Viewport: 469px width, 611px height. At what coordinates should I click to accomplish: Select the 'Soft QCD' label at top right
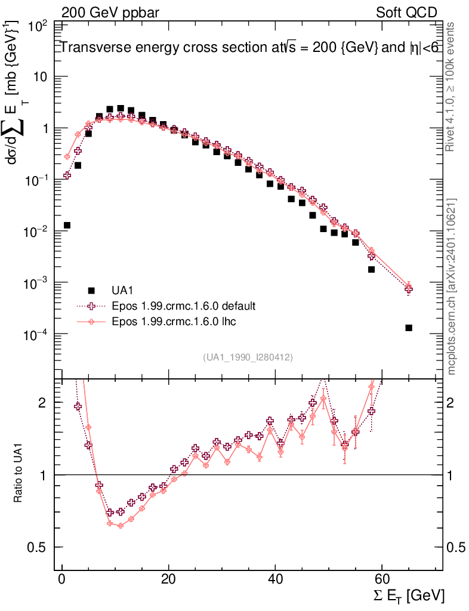click(406, 13)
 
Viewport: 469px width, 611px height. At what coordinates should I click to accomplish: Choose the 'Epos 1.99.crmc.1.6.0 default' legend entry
click(183, 306)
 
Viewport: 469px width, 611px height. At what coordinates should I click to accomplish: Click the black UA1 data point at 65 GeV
click(409, 328)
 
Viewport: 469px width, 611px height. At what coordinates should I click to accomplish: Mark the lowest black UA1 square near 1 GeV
click(67, 225)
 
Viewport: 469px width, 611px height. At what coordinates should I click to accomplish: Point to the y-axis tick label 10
click(40, 77)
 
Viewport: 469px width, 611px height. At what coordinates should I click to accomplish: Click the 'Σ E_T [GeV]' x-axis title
click(407, 595)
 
